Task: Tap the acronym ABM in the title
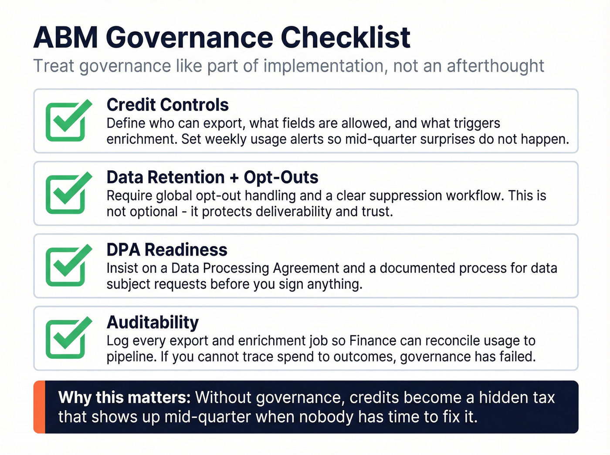point(65,38)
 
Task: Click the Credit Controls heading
point(168,105)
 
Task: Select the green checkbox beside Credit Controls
point(67,121)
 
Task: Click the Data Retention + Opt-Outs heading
point(212,178)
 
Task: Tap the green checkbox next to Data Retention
point(67,194)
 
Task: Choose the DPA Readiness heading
point(167,250)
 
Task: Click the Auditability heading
point(152,323)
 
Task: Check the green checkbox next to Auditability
point(67,339)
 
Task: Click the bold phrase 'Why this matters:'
point(124,398)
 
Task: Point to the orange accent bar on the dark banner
point(39,407)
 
